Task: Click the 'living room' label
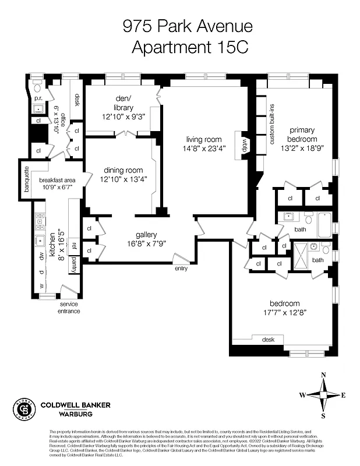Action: pos(204,139)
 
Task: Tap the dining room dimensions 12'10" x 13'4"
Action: pos(122,179)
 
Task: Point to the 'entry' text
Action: pos(181,269)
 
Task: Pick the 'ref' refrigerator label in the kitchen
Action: pos(73,245)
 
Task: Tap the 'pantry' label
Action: pos(73,265)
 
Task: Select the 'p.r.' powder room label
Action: pos(37,99)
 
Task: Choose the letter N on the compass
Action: pos(323,375)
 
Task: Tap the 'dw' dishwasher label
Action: pos(41,256)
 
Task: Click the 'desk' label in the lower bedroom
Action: pos(268,339)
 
